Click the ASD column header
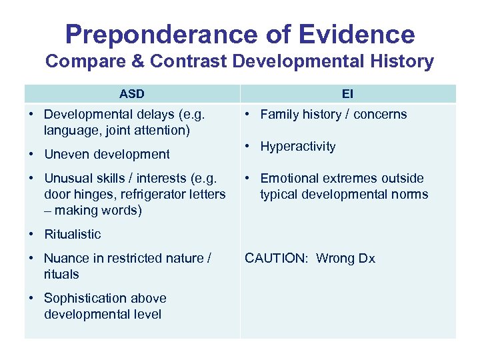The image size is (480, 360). pos(131,94)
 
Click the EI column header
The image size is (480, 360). pos(349,94)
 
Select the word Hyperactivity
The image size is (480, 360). pos(298,147)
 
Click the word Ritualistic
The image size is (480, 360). pos(73,234)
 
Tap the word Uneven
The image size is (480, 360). pos(65,154)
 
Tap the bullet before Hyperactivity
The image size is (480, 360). pos(248,147)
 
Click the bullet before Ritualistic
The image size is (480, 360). pos(32,234)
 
